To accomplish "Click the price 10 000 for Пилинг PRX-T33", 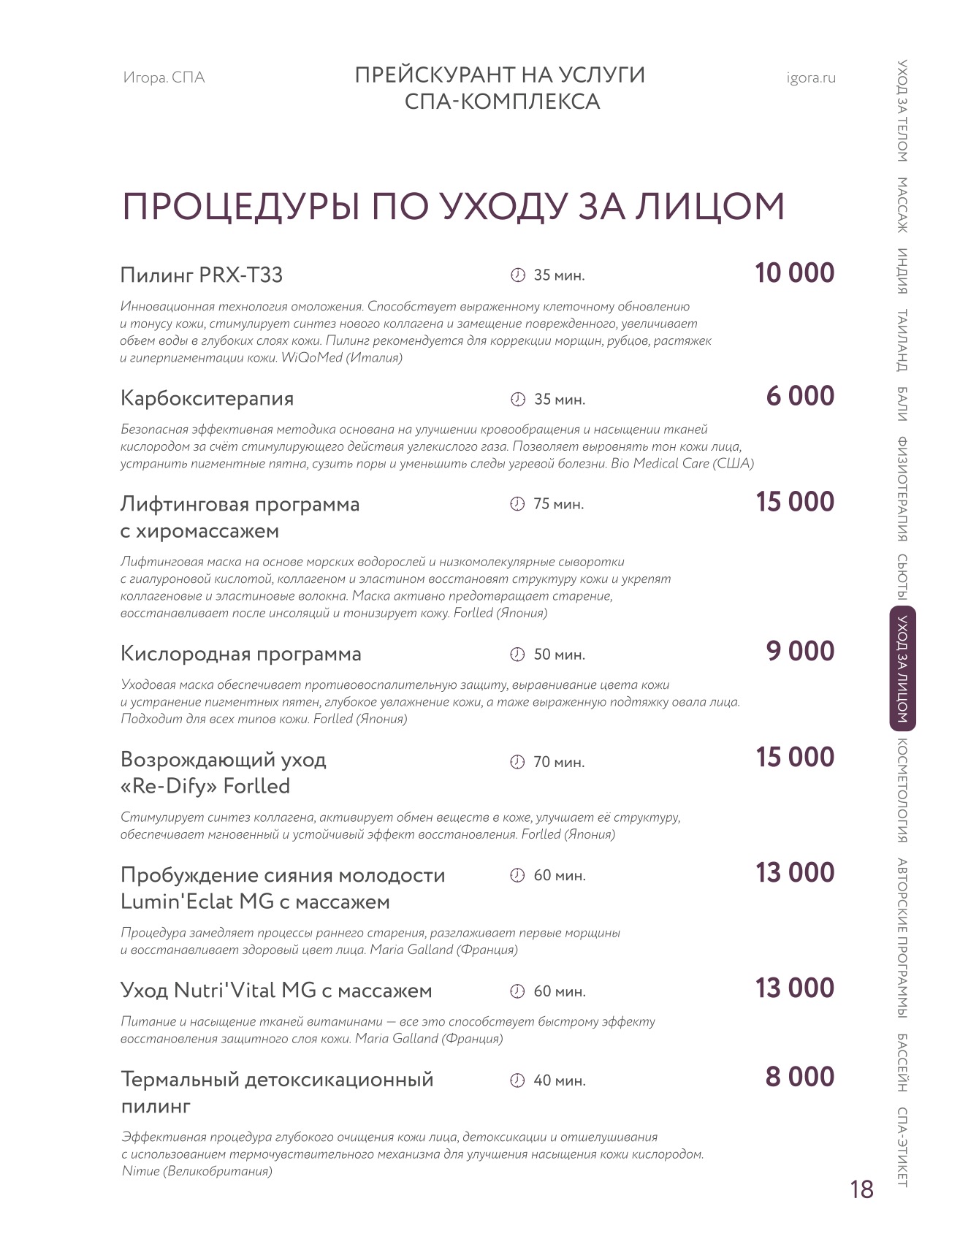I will coord(794,273).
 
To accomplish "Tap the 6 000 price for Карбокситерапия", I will coord(800,397).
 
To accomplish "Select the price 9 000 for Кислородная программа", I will coord(800,652).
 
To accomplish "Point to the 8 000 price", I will coord(799,1078).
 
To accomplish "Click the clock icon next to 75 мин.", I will coord(517,505).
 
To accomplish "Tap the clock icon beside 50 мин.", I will coord(517,655).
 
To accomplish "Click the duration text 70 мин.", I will coord(559,763).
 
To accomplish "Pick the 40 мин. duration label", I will coord(559,1081).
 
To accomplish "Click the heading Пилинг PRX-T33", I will coord(201,275).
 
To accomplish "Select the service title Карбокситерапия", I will coord(207,399).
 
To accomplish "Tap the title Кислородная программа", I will coord(240,654).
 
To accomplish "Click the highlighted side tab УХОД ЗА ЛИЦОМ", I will coord(902,669).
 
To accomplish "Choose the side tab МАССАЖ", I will coord(902,205).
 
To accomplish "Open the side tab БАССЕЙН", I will coord(902,1063).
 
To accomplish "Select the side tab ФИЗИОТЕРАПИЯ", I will coord(902,489).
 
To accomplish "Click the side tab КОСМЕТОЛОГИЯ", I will coord(902,791).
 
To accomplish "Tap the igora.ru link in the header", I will coord(811,78).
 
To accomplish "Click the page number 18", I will coord(862,1190).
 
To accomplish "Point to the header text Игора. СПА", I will coord(164,78).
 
